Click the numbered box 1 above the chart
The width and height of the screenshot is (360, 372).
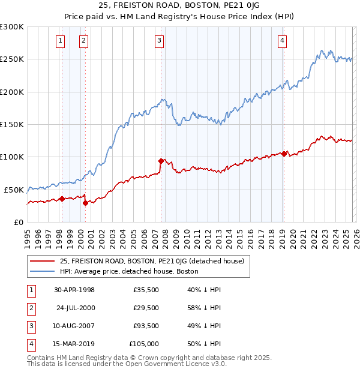point(61,41)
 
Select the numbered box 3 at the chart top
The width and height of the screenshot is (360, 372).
point(159,41)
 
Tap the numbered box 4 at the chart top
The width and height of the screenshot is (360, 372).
point(282,41)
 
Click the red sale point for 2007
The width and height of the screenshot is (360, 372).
point(161,161)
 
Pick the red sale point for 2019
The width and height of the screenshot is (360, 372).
point(284,154)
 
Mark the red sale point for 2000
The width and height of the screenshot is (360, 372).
point(86,203)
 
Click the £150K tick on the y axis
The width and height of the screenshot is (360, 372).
point(12,124)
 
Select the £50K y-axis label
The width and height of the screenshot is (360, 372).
point(14,190)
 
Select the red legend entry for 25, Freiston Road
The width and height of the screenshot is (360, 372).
point(152,261)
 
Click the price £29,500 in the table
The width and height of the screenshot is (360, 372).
point(146,307)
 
